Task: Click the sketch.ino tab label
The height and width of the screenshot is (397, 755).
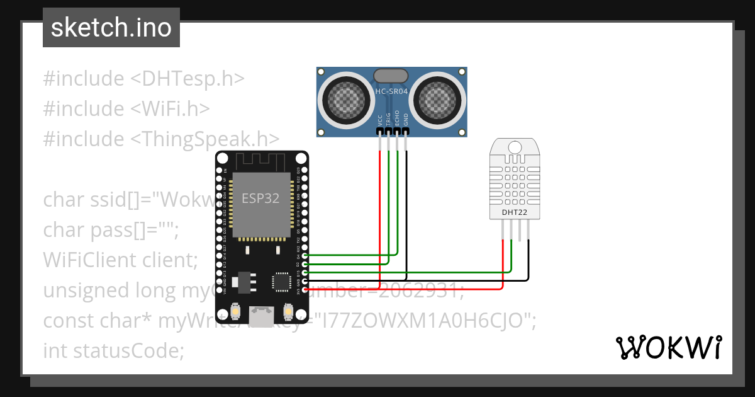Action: [111, 28]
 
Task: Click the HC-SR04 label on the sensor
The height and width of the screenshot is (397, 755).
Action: [391, 92]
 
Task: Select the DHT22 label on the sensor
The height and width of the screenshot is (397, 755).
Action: [514, 212]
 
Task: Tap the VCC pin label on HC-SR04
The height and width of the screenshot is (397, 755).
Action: [380, 120]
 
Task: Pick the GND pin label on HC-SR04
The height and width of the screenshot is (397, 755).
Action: [406, 120]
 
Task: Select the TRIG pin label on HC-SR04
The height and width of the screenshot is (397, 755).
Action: [389, 120]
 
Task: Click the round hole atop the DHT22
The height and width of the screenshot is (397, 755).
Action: [514, 147]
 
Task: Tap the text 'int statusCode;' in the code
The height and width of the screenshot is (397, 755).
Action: [113, 350]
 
